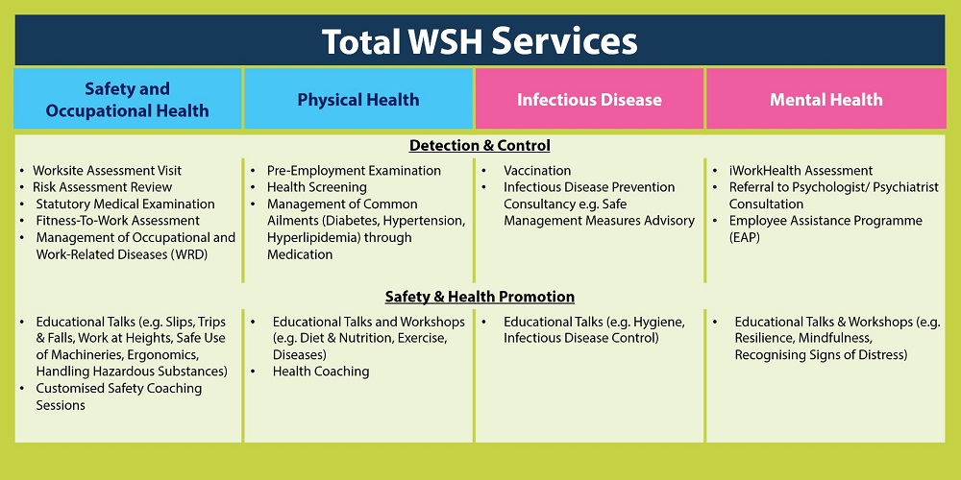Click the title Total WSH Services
(x=480, y=41)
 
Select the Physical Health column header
(x=358, y=100)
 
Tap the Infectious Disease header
(x=589, y=100)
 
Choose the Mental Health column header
(x=826, y=100)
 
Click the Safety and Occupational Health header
(x=128, y=100)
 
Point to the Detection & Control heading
(x=480, y=146)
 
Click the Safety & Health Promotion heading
(x=480, y=297)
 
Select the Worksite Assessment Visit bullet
(x=108, y=171)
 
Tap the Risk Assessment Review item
(x=103, y=187)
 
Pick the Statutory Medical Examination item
(x=126, y=204)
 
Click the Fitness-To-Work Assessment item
(x=117, y=221)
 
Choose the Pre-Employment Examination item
(x=354, y=171)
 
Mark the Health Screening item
(x=317, y=187)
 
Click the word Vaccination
(x=537, y=171)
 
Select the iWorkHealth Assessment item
(x=801, y=171)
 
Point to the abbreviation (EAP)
(x=745, y=237)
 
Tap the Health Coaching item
(x=321, y=372)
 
